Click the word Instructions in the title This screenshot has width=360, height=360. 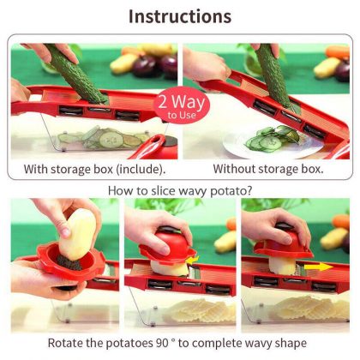point(180,16)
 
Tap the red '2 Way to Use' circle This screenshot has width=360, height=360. point(176,107)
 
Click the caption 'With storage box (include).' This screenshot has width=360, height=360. point(93,169)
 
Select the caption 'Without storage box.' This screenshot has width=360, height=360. point(267,169)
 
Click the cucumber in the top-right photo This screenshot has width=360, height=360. point(273,77)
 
